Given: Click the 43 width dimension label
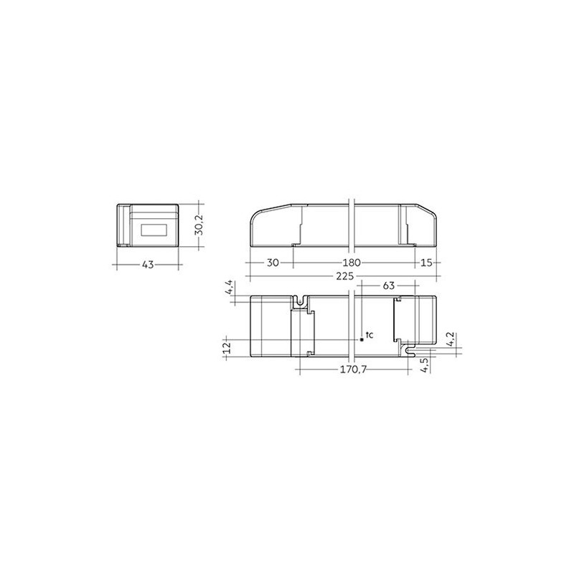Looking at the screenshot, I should (147, 265).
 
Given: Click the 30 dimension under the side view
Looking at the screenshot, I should (272, 263).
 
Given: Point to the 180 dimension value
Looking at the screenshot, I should (352, 263).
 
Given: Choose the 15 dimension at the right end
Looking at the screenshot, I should (426, 263).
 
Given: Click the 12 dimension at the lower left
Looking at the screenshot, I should (227, 347).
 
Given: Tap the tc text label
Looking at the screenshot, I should (370, 335).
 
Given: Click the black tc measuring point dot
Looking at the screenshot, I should (362, 338).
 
